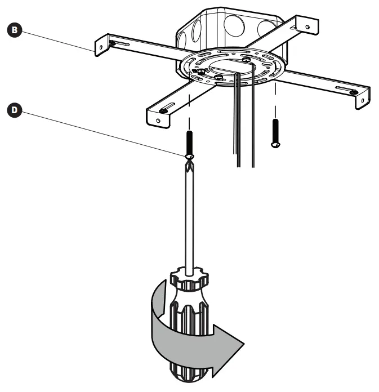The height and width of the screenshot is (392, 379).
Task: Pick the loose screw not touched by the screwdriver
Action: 274,132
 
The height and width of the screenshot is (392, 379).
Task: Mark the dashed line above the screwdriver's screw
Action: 189,113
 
